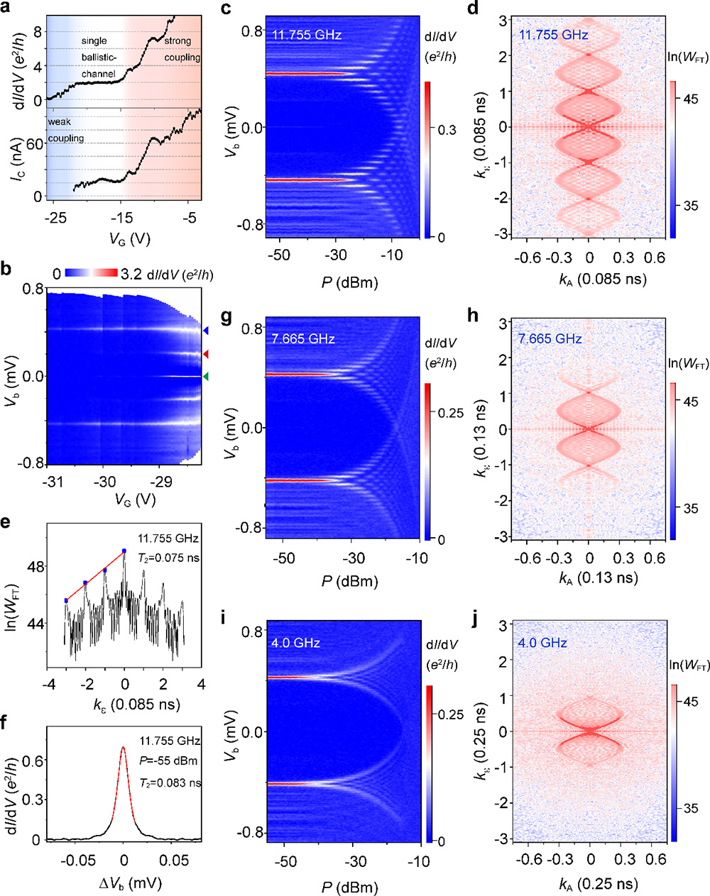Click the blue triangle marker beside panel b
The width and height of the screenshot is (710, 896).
pyautogui.click(x=206, y=331)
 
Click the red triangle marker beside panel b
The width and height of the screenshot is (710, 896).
pyautogui.click(x=206, y=353)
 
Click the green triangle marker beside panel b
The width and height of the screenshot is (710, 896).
pyautogui.click(x=206, y=377)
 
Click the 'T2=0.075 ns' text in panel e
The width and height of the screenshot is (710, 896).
pyautogui.click(x=169, y=558)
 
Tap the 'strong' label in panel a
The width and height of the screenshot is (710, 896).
pyautogui.click(x=177, y=41)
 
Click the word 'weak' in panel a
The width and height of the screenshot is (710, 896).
pyautogui.click(x=60, y=122)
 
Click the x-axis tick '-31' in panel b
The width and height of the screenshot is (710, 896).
pyautogui.click(x=52, y=482)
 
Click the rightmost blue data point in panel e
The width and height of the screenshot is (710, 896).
pyautogui.click(x=124, y=551)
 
